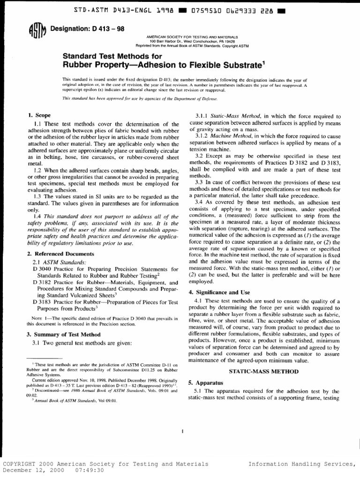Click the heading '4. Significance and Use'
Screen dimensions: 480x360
pyautogui.click(x=219, y=292)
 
